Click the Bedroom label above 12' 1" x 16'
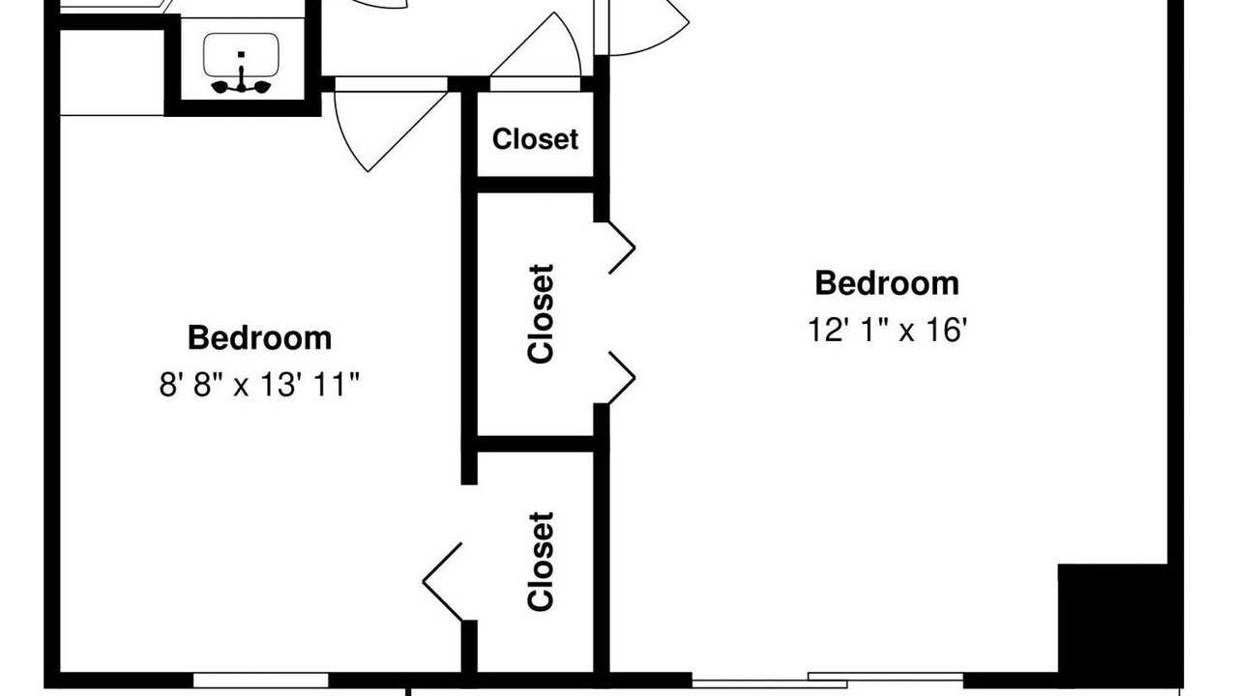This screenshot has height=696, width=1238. (x=887, y=283)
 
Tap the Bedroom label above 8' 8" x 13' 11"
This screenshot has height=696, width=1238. (x=260, y=337)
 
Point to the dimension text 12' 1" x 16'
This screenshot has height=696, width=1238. (x=888, y=331)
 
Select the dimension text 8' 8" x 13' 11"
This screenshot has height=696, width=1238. (x=260, y=385)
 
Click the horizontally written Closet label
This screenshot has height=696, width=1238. (x=535, y=139)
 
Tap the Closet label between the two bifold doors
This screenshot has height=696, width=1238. (x=541, y=314)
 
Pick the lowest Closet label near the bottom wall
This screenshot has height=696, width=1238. (x=541, y=562)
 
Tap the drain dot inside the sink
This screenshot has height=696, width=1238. (x=241, y=54)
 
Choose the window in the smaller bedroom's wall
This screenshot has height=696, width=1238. (x=260, y=680)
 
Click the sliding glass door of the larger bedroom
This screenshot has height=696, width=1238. (x=827, y=681)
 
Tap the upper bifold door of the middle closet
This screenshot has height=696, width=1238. (x=622, y=247)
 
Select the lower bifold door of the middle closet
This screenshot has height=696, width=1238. (x=622, y=378)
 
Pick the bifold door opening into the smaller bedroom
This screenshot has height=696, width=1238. (x=442, y=582)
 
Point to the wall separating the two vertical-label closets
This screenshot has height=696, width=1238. (x=535, y=444)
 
